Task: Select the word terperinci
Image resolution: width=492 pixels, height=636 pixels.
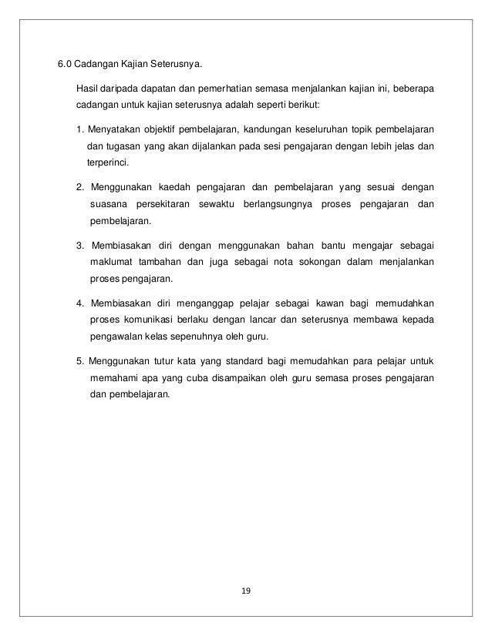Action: pyautogui.click(x=108, y=162)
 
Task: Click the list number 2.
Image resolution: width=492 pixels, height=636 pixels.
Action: pyautogui.click(x=80, y=187)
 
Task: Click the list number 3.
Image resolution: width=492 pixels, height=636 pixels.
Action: pyautogui.click(x=80, y=246)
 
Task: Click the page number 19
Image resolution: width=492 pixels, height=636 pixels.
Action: pyautogui.click(x=246, y=591)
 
